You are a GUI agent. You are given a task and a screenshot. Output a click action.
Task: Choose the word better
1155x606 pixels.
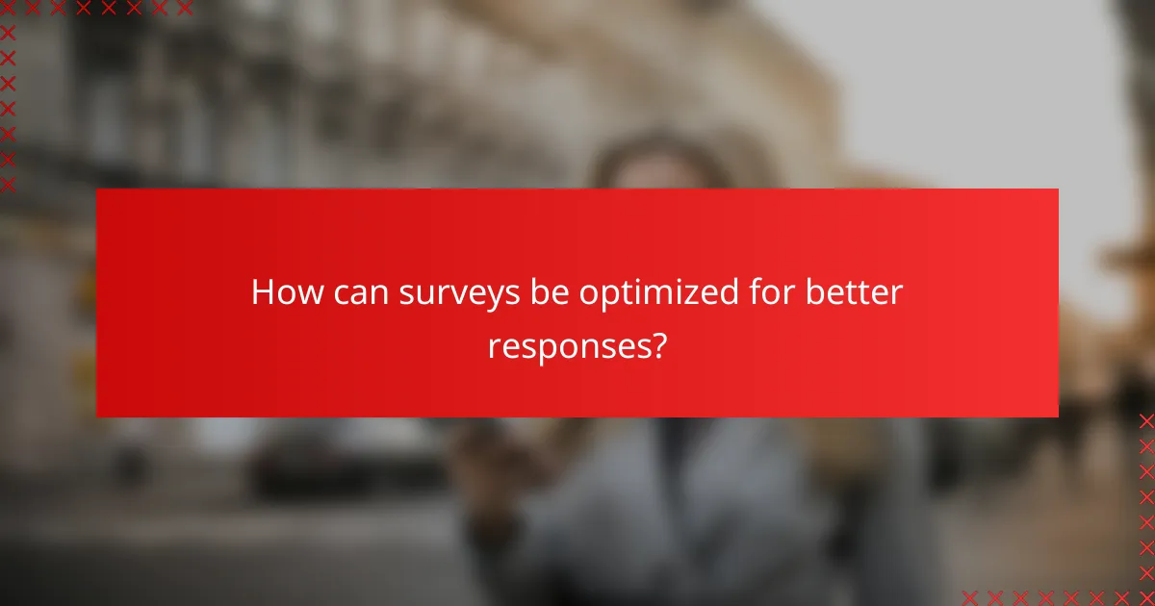tap(856, 292)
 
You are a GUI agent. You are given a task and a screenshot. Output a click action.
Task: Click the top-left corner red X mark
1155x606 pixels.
tap(8, 8)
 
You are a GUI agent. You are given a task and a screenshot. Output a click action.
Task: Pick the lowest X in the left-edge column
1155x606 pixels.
tap(8, 183)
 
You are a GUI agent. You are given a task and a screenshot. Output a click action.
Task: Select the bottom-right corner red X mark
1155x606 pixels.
tap(1145, 596)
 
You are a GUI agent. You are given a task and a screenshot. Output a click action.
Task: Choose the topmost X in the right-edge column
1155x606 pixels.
tap(1145, 420)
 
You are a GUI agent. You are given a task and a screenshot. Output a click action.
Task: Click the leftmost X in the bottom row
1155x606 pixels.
tap(970, 596)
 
